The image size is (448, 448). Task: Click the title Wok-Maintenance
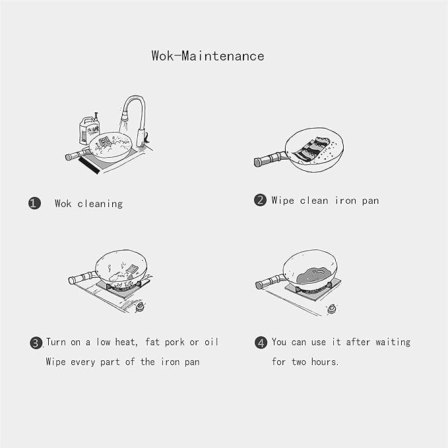pyautogui.click(x=208, y=55)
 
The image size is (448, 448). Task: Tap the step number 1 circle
pyautogui.click(x=34, y=203)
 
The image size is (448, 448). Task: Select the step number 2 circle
pyautogui.click(x=260, y=200)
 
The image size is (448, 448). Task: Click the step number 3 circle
pyautogui.click(x=36, y=342)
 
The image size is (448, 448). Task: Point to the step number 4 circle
pyautogui.click(x=261, y=342)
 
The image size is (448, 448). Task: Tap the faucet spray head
pyautogui.click(x=124, y=117)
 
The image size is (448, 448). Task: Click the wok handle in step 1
pyautogui.click(x=78, y=154)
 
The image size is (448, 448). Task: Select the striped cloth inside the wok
pyautogui.click(x=311, y=149)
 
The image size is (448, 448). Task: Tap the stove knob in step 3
pyautogui.click(x=140, y=307)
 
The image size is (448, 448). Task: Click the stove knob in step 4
pyautogui.click(x=331, y=309)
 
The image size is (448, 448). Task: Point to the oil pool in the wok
pyautogui.click(x=313, y=275)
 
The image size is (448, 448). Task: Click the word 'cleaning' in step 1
pyautogui.click(x=100, y=204)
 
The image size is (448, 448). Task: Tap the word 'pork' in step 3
pyautogui.click(x=174, y=342)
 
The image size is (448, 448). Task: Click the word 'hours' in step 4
pyautogui.click(x=324, y=362)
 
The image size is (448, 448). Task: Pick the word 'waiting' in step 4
pyautogui.click(x=393, y=342)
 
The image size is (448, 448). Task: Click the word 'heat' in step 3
pyautogui.click(x=126, y=342)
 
